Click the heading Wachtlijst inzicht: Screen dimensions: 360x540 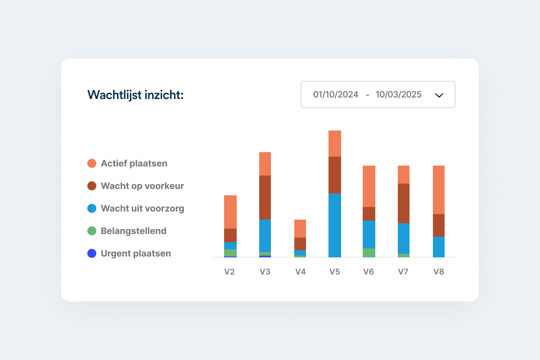click(135, 95)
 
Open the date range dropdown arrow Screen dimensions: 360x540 click(439, 95)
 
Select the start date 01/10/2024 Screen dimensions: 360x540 click(336, 94)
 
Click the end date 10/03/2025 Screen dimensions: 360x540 click(399, 94)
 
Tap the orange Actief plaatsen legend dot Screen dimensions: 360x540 click(92, 163)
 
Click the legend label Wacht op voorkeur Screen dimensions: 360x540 click(142, 186)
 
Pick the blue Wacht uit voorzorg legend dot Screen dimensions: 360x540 click(92, 208)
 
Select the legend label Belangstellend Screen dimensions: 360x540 click(134, 231)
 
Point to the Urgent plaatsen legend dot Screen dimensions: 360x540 click(92, 253)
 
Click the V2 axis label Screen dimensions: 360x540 click(230, 272)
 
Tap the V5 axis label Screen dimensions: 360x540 click(334, 272)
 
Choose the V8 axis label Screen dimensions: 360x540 click(439, 272)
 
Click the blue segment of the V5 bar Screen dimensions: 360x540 click(335, 225)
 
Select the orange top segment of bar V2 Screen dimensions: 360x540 click(230, 211)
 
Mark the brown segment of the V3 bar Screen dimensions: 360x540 click(265, 197)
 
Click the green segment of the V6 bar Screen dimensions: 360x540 click(369, 252)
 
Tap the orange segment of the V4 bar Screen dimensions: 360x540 click(300, 228)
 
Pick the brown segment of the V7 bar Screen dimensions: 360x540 click(404, 203)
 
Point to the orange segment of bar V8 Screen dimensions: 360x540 click(439, 189)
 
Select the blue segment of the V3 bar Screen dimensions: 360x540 click(265, 235)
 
